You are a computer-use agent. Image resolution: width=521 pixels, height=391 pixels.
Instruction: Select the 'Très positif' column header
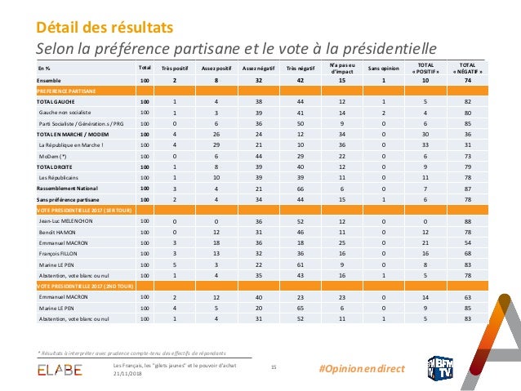(x=175, y=68)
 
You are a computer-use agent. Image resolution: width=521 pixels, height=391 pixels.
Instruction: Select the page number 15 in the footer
(x=274, y=367)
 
